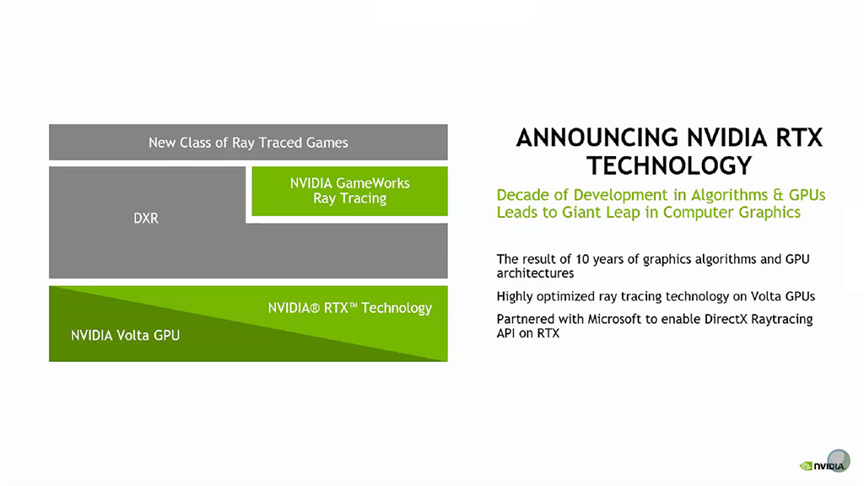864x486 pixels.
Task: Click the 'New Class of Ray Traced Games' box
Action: point(248,142)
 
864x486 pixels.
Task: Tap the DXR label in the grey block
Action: point(146,219)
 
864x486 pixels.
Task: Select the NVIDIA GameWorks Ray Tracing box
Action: point(349,192)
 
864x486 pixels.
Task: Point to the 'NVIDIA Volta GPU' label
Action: point(125,335)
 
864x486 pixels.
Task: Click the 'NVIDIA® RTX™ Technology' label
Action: point(350,307)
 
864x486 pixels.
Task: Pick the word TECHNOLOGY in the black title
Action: point(669,166)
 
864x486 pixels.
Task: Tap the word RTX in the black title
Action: point(799,138)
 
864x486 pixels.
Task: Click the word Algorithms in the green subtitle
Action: point(729,196)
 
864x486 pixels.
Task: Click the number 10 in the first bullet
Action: point(582,259)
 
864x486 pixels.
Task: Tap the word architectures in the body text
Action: point(535,273)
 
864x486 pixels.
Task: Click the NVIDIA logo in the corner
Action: point(822,466)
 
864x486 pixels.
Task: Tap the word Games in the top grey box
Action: point(327,143)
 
